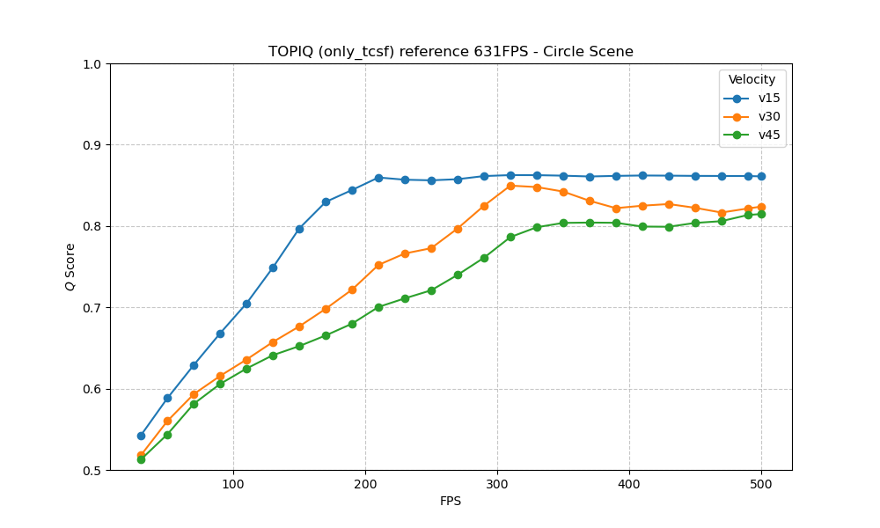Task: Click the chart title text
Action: point(451,52)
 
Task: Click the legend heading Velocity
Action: point(752,79)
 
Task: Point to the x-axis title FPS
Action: point(451,502)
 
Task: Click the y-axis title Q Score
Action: point(70,267)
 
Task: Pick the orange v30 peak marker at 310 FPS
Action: point(510,186)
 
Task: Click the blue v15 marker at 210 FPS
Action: point(378,178)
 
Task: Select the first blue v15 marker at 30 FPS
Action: point(141,436)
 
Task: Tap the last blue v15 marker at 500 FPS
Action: point(761,176)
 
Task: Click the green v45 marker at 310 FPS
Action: point(510,237)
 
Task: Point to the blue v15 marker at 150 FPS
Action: point(299,229)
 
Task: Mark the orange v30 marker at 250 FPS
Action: point(431,248)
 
